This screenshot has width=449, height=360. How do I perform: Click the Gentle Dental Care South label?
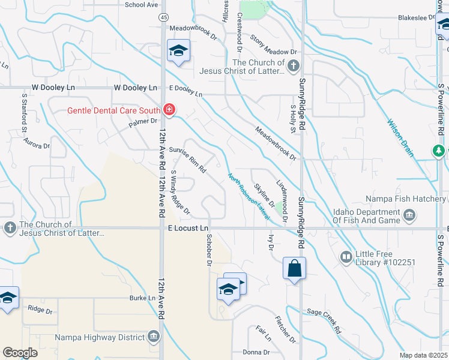point(113,110)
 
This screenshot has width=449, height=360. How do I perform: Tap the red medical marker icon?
point(169,110)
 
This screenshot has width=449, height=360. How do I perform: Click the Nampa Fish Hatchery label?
point(405,199)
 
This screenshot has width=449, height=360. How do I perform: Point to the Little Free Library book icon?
point(346,257)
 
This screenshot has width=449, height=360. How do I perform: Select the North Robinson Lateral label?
point(249,196)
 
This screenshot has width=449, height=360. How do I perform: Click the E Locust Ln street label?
point(188,228)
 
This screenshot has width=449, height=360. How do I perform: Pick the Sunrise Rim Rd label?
point(188,161)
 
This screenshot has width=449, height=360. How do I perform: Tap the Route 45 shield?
point(164,18)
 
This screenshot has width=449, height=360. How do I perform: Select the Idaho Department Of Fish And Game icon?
point(410,215)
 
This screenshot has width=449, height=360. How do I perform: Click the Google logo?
point(20,353)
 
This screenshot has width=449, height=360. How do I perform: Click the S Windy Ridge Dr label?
point(180,193)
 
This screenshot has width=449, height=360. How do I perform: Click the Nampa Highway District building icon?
point(155,337)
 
